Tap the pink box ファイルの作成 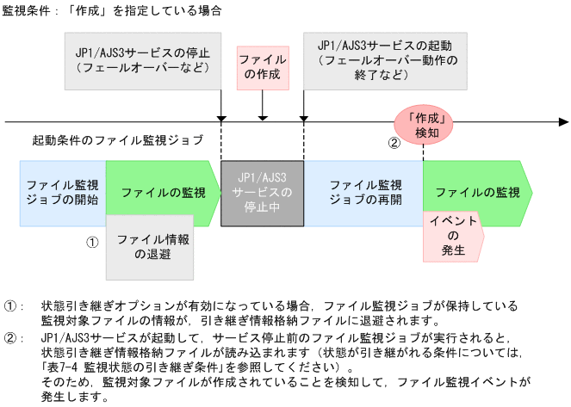tap(263, 68)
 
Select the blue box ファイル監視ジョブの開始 tap(62, 192)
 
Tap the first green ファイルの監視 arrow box tap(158, 192)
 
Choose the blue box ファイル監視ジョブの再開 tap(364, 192)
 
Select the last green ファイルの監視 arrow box tap(476, 192)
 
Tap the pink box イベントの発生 tap(453, 237)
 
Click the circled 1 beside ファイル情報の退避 tap(93, 242)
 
